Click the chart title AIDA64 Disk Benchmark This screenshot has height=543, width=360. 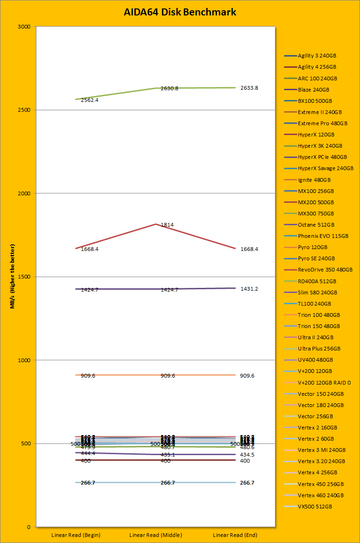tap(180, 12)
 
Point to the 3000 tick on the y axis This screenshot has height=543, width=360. tap(24, 27)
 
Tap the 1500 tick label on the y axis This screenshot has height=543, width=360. tap(24, 277)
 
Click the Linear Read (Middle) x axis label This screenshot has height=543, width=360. tap(155, 535)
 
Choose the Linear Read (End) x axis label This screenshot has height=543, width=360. tap(235, 535)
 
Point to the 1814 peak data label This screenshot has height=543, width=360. tap(167, 225)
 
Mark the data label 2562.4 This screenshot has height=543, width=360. tap(90, 100)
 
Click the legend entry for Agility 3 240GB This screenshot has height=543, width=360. tap(317, 56)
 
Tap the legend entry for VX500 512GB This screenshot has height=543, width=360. tap(315, 507)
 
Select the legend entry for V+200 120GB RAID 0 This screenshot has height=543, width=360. tap(324, 383)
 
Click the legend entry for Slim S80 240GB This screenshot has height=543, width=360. tap(317, 293)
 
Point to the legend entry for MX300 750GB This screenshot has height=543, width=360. tap(316, 214)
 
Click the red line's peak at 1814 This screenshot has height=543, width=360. tap(155, 224)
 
